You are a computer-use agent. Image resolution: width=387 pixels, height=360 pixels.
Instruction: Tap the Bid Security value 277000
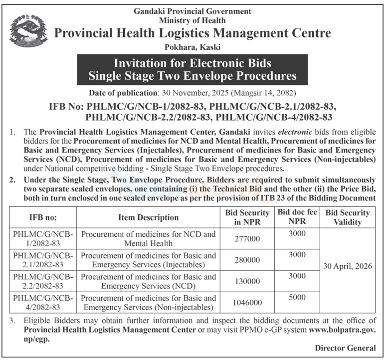247,239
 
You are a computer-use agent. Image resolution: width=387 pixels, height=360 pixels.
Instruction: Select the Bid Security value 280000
247,260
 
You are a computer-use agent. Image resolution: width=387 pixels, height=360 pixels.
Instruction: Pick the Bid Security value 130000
247,281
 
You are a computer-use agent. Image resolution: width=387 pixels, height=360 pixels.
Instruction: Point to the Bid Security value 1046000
247,303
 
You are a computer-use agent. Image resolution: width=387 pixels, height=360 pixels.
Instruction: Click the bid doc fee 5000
297,298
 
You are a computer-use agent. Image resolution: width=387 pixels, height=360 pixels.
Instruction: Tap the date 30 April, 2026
347,266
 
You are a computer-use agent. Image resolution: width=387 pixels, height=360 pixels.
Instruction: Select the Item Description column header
148,217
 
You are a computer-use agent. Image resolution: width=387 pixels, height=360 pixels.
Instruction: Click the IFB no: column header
42,217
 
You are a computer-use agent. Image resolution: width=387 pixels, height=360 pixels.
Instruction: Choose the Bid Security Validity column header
347,217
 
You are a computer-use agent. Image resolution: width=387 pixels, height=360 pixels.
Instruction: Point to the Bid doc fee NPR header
297,217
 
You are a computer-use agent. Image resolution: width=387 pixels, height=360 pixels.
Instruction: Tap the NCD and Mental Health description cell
148,239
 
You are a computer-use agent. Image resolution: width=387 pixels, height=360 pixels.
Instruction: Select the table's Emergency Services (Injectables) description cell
148,260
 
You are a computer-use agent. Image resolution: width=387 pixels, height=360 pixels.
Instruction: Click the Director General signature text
345,348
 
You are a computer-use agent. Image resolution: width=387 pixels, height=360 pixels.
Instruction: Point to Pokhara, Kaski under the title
192,48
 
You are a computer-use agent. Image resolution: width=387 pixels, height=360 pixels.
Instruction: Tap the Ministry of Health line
192,20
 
